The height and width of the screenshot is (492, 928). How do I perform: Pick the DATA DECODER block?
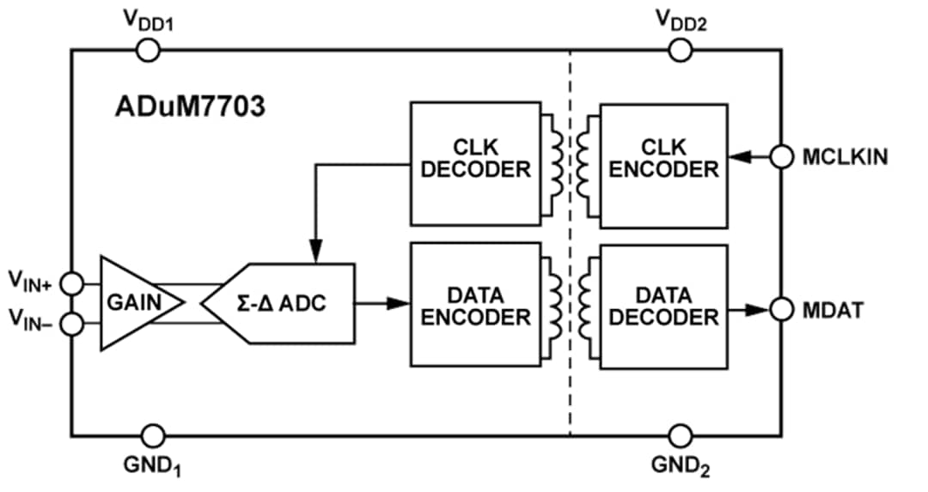(662, 304)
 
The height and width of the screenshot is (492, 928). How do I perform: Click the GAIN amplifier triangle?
(135, 302)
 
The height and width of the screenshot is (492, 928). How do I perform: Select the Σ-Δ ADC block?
(284, 303)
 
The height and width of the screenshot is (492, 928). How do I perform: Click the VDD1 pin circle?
(149, 50)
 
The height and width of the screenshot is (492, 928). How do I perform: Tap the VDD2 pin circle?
(681, 50)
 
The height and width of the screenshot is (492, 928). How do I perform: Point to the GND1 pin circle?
(153, 435)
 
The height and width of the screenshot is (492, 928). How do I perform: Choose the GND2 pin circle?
(681, 435)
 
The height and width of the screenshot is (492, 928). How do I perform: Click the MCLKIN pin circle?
(781, 157)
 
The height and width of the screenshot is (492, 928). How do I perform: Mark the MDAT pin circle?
(781, 309)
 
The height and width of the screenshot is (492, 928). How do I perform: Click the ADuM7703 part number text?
(190, 108)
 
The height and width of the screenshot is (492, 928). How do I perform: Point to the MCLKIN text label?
(846, 157)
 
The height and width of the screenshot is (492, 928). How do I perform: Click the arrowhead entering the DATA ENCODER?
(397, 303)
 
